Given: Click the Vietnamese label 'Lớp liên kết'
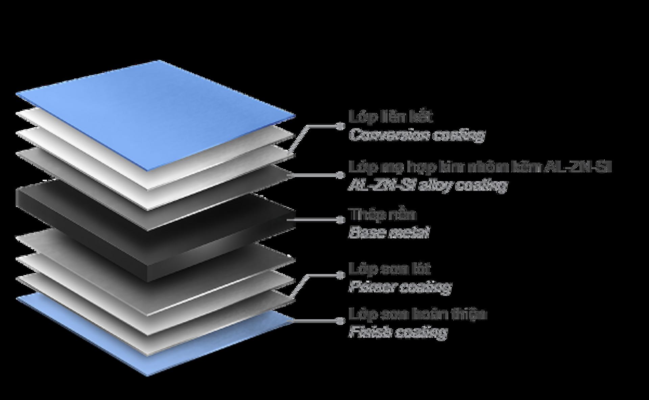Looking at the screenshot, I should point(390,117).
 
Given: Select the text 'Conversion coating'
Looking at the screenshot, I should point(417,135).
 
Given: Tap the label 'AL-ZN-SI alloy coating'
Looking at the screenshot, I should point(428,185).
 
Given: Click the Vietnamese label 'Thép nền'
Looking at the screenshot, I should point(383,215).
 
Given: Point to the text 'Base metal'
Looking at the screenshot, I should point(389,232).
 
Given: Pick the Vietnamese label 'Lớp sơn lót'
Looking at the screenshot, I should point(390,269).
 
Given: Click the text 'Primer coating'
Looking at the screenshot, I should point(400,287).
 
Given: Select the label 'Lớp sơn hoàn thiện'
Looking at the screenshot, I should point(418,314).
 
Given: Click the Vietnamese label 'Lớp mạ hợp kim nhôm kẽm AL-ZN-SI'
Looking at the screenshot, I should point(480,167).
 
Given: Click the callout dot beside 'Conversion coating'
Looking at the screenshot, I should point(340,126).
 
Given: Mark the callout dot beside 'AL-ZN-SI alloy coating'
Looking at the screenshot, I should point(340,175).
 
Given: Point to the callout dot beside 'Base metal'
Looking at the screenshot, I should point(340,220).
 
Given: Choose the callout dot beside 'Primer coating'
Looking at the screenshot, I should point(340,276).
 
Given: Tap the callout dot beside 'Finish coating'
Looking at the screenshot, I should point(340,321).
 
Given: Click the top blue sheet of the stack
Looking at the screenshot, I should point(155,111).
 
